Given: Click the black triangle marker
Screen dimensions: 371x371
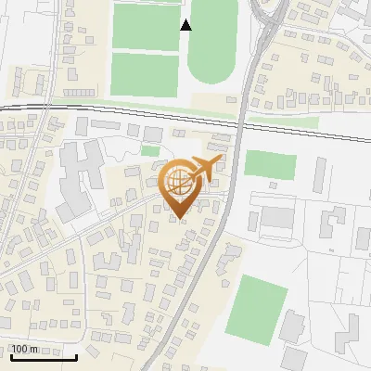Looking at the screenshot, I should click(x=186, y=25).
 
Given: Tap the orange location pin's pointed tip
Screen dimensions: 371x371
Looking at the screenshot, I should click(x=178, y=218).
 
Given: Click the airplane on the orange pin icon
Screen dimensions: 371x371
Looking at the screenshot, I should click(x=203, y=168).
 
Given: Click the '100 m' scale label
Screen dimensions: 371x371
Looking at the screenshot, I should click(x=24, y=349).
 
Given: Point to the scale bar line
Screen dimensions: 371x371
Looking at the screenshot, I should click(x=43, y=356).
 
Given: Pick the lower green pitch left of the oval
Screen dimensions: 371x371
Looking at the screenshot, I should click(x=145, y=73).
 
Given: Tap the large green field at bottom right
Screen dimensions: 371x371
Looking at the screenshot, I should click(x=257, y=308).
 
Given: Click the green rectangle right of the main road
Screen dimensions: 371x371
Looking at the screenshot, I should click(x=270, y=164).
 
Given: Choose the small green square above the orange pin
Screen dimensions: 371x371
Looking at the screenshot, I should click(x=150, y=150).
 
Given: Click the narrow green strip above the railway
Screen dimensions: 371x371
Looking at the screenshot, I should click(x=139, y=100).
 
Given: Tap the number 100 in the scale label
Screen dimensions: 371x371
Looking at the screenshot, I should click(x=19, y=349).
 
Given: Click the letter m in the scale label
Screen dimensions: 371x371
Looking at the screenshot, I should click(x=34, y=349).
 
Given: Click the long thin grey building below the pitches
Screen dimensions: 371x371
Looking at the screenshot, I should click(x=80, y=92).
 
